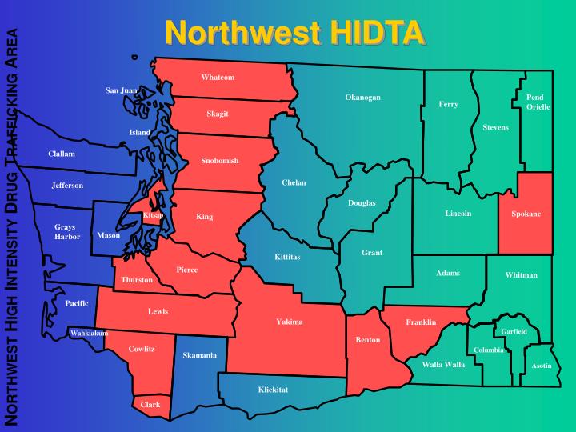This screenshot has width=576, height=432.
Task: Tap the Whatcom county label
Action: [218, 78]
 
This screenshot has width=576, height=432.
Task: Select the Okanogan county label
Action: [362, 98]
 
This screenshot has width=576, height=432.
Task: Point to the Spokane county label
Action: [526, 214]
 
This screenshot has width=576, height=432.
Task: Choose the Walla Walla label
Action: [443, 364]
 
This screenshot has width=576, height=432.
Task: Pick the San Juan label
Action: [122, 90]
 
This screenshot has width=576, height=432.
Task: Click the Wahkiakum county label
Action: [89, 333]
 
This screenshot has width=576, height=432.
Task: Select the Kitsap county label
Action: [153, 215]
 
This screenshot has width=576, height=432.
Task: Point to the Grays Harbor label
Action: [67, 232]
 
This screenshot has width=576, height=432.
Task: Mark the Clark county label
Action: [150, 405]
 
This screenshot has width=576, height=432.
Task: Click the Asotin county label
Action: [542, 366]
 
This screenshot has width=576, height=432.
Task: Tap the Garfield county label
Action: [514, 331]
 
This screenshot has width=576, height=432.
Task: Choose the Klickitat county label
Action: [273, 390]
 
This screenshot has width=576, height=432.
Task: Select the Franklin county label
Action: [421, 322]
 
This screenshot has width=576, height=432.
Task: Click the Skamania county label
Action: [199, 355]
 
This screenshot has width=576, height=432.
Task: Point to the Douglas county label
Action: [362, 202]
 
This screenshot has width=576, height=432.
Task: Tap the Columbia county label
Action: [489, 350]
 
